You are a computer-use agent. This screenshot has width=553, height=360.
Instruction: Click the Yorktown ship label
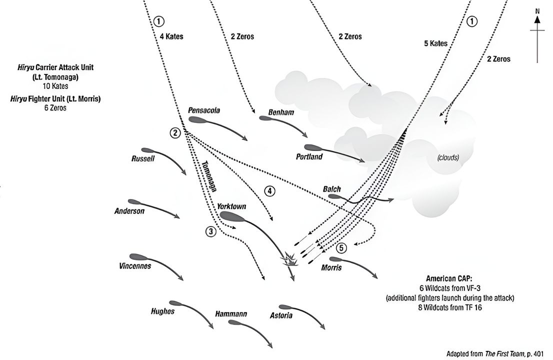[x=231, y=206]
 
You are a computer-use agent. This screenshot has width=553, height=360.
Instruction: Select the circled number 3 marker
[x=211, y=231]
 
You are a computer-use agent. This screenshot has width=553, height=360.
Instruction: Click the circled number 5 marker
[x=341, y=247]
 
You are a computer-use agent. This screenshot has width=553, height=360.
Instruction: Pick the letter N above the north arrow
[x=537, y=10]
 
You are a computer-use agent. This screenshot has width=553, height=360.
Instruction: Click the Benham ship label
[x=281, y=112]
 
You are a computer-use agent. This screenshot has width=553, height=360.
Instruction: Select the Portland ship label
[x=309, y=157]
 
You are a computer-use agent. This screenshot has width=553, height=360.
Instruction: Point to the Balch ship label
[x=332, y=189]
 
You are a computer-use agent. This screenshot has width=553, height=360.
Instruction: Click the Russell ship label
[x=143, y=158]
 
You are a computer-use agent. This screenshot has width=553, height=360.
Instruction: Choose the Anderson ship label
[x=129, y=211]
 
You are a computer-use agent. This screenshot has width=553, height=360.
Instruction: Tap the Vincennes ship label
[x=135, y=266]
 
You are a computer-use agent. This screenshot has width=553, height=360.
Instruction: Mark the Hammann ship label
[x=230, y=313]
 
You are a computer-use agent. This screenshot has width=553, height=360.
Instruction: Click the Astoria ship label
[x=281, y=315]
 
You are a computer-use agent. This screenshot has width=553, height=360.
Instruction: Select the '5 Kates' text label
[x=435, y=43]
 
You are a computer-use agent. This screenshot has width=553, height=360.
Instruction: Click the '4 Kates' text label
[x=171, y=36]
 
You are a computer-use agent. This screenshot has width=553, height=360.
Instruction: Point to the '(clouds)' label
[x=448, y=157]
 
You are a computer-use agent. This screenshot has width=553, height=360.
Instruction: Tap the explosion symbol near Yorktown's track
[x=290, y=259]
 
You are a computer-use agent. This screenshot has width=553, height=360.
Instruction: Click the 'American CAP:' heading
[x=448, y=278]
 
